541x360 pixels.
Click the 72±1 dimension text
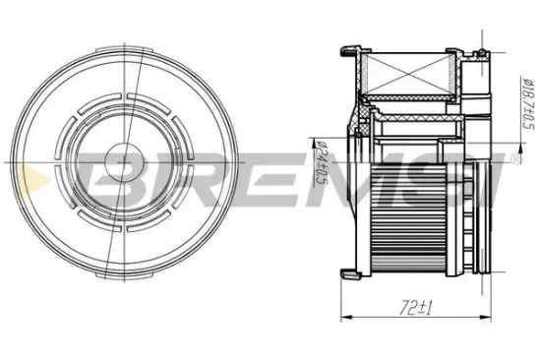[x=415, y=308]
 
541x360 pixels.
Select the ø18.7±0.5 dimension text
[x=527, y=103]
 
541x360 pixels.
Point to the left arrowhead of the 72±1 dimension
[x=346, y=316]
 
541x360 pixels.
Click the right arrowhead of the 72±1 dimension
[x=486, y=316]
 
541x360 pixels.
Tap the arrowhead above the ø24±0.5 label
[x=313, y=142]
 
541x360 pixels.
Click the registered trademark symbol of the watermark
[x=515, y=159]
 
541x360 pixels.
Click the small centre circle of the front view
[x=124, y=162]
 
